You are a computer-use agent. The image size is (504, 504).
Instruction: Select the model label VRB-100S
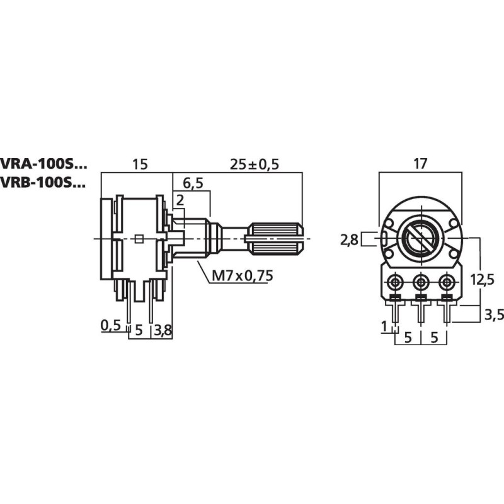point(43,183)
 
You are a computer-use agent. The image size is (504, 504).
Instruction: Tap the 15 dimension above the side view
point(139,164)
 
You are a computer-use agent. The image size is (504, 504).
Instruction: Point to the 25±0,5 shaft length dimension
point(255,164)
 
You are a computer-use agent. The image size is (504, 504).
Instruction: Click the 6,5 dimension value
point(193,183)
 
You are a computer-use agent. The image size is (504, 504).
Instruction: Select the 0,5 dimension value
point(110,325)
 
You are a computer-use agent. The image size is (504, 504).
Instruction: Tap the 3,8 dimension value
point(163,329)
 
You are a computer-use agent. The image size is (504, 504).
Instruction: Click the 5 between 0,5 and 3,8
point(139,329)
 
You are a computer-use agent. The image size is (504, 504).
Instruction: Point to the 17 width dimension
point(420,164)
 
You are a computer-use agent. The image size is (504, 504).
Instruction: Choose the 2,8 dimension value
point(349,239)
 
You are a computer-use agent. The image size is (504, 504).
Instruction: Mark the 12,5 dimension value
point(483,280)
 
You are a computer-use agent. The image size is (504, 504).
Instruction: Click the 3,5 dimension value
point(492,315)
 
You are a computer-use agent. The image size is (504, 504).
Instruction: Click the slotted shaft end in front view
point(420,238)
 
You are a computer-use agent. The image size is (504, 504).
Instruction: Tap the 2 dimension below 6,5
point(180,200)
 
